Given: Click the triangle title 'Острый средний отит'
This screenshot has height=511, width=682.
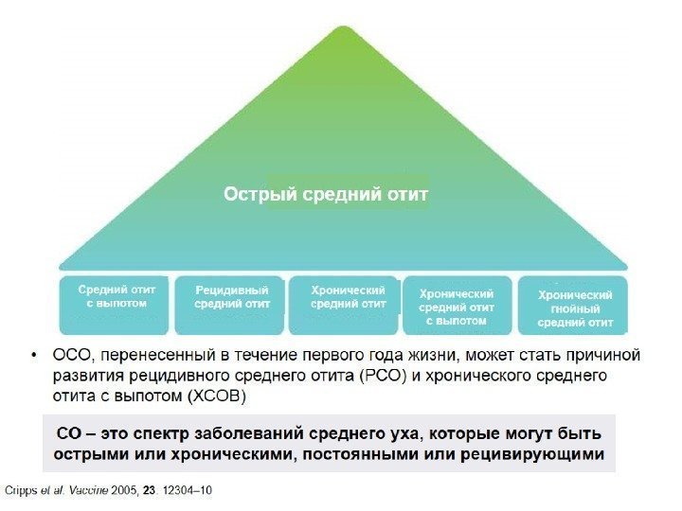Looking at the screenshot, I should tap(326, 195).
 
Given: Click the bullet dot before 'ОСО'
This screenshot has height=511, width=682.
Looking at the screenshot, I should tap(33, 356).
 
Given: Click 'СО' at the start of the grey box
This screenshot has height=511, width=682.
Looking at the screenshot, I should tap(68, 434).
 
